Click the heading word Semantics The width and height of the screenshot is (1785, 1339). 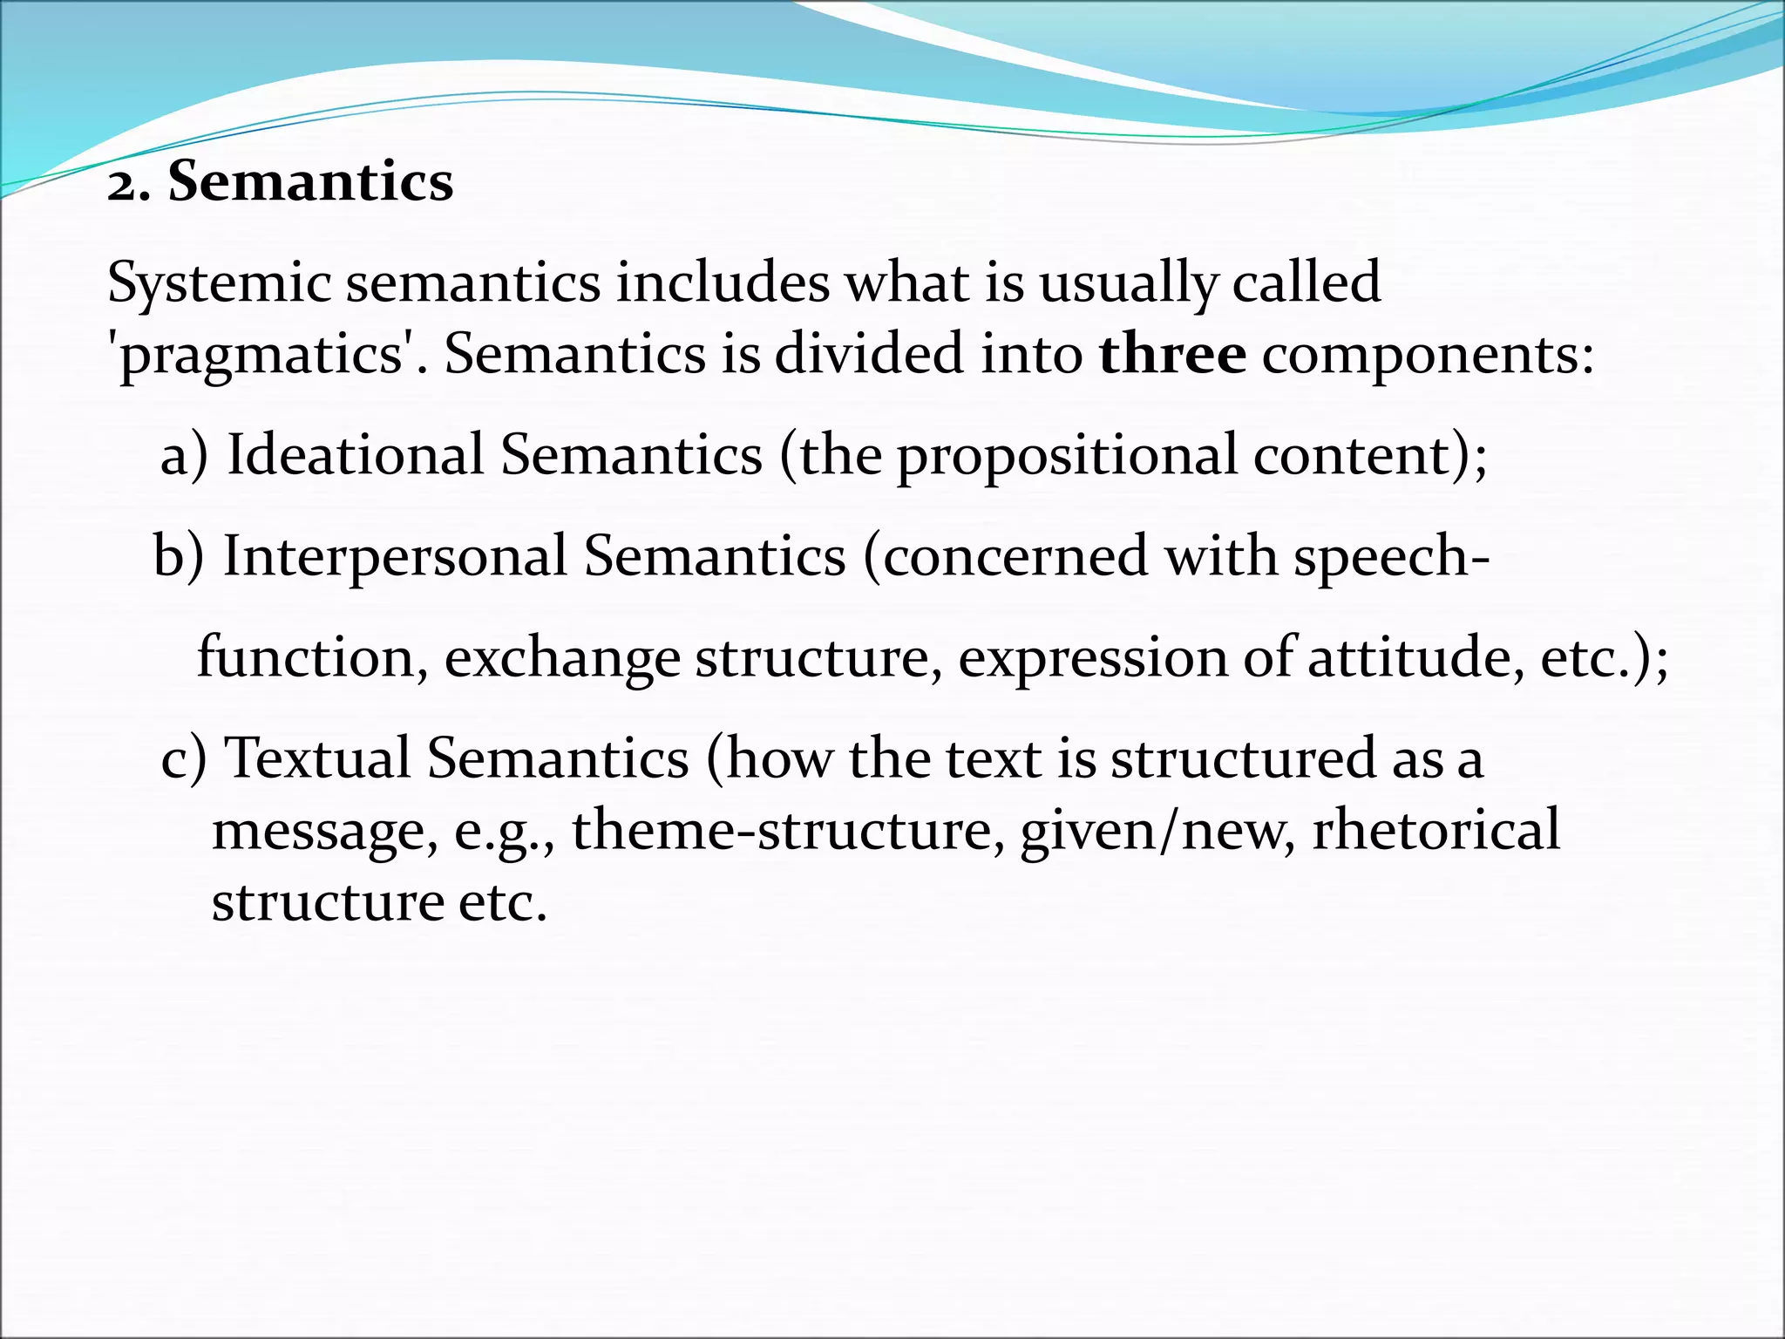pyautogui.click(x=310, y=181)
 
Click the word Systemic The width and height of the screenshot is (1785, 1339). pyautogui.click(x=219, y=283)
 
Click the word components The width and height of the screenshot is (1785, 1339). pyautogui.click(x=1428, y=356)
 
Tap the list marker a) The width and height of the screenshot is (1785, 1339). pyautogui.click(x=184, y=455)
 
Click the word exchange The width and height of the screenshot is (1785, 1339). pyautogui.click(x=562, y=659)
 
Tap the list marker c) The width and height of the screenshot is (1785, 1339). pyautogui.click(x=184, y=758)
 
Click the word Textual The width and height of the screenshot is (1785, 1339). pyautogui.click(x=317, y=758)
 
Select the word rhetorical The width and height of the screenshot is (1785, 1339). pyautogui.click(x=1435, y=830)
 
